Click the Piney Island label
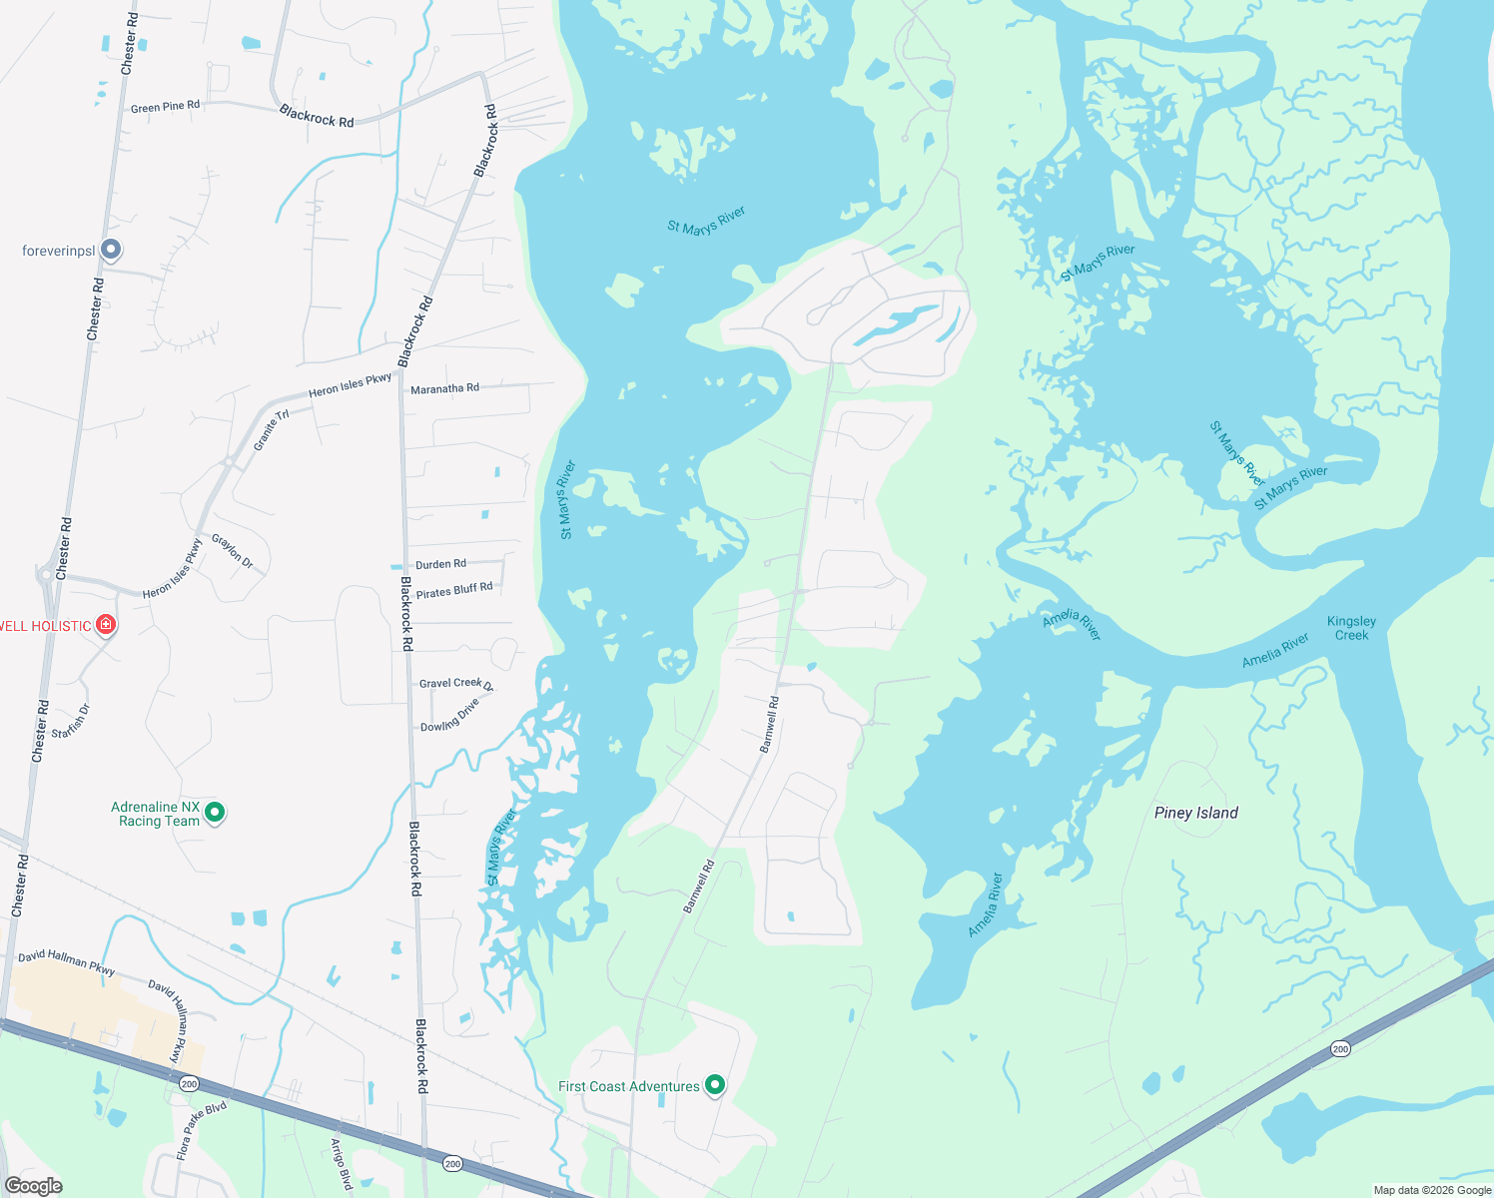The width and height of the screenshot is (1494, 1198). [x=1195, y=813]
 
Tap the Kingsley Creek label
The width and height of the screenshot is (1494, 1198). [x=1351, y=628]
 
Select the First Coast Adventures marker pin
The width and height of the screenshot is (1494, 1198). [x=715, y=1085]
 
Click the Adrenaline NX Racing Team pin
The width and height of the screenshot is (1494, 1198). [x=215, y=813]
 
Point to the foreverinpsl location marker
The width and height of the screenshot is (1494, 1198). [x=111, y=250]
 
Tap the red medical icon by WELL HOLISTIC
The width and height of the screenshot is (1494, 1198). [x=106, y=625]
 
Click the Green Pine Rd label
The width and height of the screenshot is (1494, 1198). [x=165, y=107]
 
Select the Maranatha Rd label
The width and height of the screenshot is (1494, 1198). [x=444, y=388]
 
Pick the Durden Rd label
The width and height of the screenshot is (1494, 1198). [x=440, y=564]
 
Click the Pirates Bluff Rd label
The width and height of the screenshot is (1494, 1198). [x=454, y=591]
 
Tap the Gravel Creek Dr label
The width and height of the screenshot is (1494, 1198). [x=455, y=684]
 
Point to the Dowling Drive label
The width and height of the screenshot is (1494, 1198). [x=450, y=715]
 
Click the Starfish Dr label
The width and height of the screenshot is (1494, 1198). [x=71, y=722]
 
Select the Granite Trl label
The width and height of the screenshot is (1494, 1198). [x=271, y=430]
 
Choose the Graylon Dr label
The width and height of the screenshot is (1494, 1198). [x=233, y=552]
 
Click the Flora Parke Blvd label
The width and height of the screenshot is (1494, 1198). [x=202, y=1130]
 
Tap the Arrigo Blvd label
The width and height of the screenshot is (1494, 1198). [x=342, y=1164]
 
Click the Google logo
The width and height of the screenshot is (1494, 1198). [x=33, y=1186]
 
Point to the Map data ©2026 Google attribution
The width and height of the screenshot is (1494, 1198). [x=1432, y=1190]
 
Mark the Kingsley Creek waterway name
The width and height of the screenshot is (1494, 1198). [x=1351, y=628]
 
